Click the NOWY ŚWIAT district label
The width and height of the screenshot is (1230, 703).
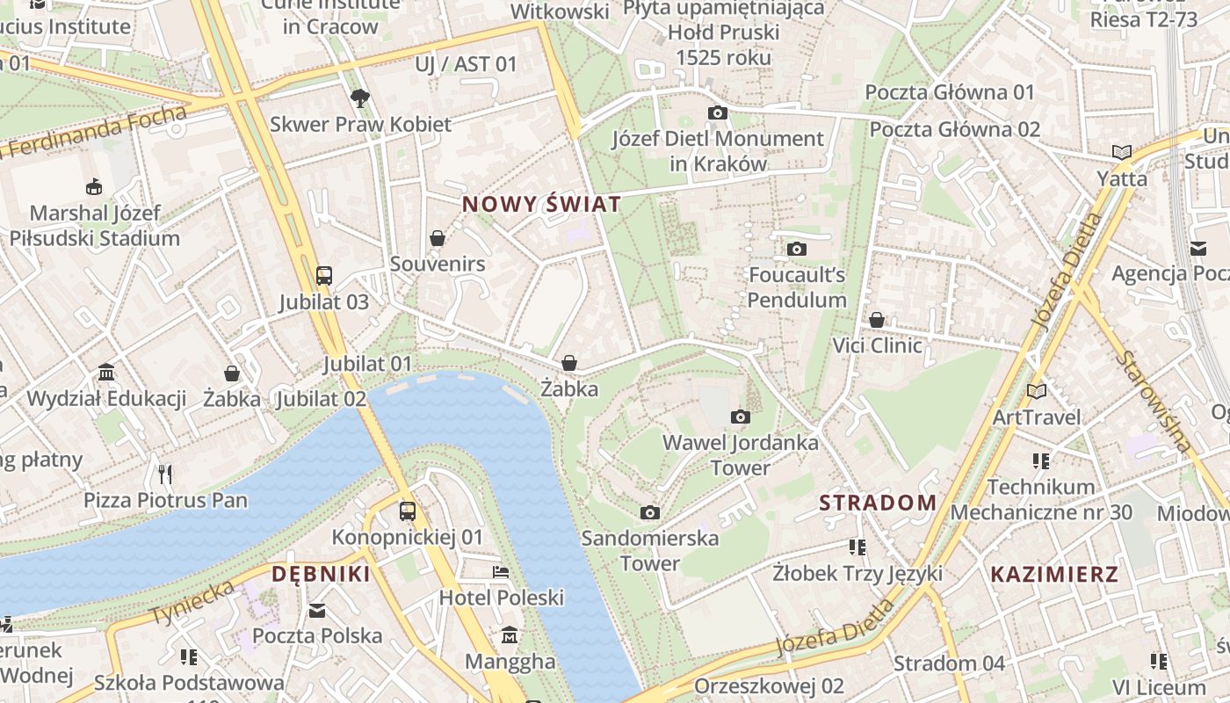pos(541,205)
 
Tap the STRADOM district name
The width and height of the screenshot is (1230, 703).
pos(878,503)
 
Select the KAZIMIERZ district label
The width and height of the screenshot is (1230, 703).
pos(1054,575)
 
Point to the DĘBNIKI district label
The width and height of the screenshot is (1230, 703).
pos(321,575)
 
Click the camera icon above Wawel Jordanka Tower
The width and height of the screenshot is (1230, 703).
pos(741,417)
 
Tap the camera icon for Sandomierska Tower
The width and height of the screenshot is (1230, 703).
pos(650,512)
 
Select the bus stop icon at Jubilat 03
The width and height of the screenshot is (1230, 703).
pos(324,275)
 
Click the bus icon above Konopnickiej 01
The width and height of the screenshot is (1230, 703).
pos(408,511)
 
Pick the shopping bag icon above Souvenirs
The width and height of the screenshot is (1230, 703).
pos(438,238)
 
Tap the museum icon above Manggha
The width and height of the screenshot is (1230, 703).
pos(510,635)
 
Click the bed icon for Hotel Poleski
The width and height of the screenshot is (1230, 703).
pos(501,572)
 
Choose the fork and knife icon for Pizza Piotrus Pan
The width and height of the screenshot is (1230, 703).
pos(165,475)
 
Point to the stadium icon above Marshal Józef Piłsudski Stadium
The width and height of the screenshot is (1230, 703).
pos(94,186)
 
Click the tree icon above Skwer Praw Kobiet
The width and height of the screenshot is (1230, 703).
pos(359,98)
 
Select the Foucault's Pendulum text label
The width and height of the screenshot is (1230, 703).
pos(797,287)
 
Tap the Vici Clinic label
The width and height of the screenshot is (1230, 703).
pos(877,345)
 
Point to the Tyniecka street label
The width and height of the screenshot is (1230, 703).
pos(193,602)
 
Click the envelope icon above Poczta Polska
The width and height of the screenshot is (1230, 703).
pos(317,610)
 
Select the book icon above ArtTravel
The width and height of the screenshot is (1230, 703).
pos(1037,391)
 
